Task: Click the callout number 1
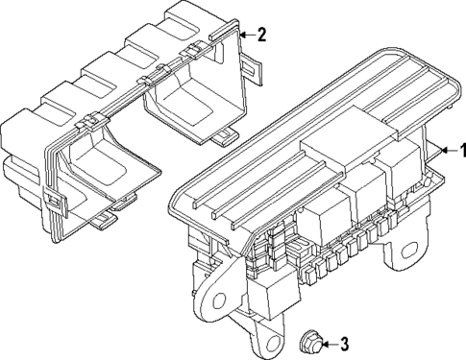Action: click(x=459, y=150)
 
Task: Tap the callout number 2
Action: click(x=261, y=35)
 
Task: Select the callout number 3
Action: click(x=347, y=344)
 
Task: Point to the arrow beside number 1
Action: click(x=443, y=150)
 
